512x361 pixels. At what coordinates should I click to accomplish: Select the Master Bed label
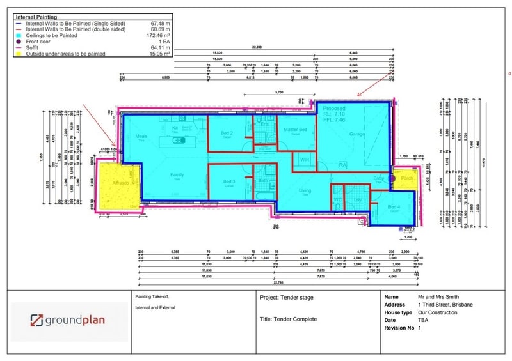click(x=296, y=130)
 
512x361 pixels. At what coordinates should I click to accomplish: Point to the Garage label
click(x=357, y=134)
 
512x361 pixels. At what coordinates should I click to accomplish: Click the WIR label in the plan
click(x=304, y=160)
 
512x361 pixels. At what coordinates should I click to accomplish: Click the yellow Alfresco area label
click(x=121, y=183)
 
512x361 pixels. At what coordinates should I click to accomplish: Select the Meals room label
click(x=141, y=136)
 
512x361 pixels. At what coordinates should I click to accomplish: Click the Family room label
click(x=177, y=174)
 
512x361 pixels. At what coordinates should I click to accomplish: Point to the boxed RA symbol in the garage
click(x=342, y=164)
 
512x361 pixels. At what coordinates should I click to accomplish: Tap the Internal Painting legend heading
click(x=36, y=17)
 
